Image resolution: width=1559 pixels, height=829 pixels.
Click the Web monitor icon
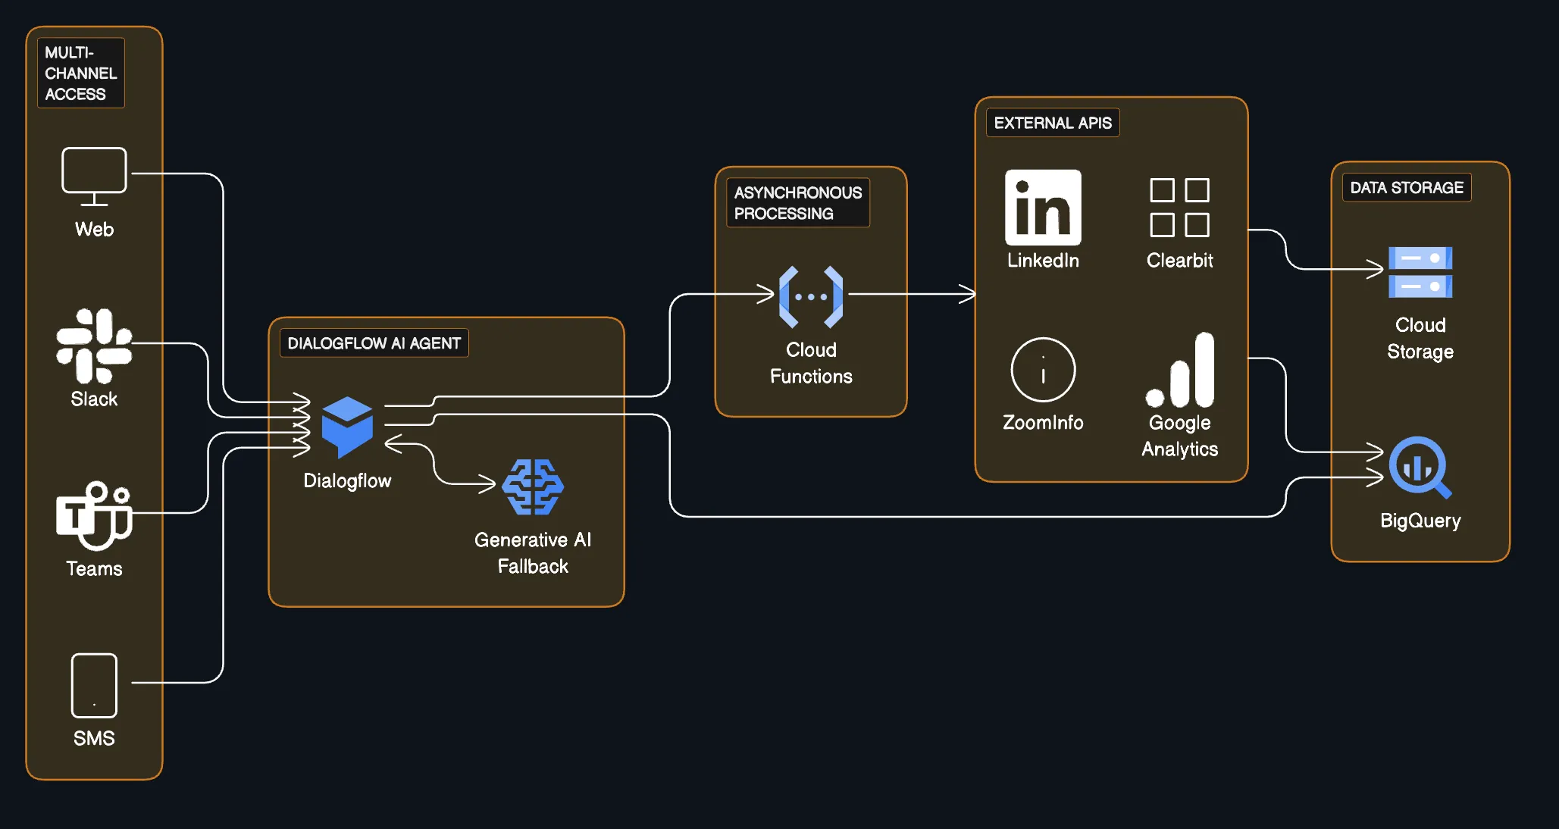(94, 175)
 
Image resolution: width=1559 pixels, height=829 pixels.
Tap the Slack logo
(94, 346)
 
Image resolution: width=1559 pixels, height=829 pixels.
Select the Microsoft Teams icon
(94, 515)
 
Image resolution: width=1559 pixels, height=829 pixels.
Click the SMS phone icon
(94, 685)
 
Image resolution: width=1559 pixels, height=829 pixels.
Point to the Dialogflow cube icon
(347, 426)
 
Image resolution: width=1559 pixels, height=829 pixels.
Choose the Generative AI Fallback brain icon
(533, 487)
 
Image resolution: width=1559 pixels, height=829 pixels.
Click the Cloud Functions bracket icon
(811, 296)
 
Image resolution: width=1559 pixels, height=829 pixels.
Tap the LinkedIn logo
(1043, 207)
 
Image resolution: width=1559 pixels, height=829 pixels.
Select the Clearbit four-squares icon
(1179, 208)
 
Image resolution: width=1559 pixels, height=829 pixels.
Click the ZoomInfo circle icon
(1043, 370)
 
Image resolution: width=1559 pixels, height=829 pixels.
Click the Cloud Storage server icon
(1420, 272)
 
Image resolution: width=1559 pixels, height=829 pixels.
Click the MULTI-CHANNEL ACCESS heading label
(80, 74)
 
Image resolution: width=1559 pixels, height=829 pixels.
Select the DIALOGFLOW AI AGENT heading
(374, 343)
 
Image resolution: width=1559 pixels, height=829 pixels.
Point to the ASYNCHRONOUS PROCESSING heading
(797, 203)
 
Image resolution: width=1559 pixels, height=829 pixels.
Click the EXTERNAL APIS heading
(1052, 123)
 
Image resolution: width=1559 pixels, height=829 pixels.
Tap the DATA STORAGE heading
(1406, 187)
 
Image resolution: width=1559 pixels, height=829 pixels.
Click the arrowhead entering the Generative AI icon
(488, 483)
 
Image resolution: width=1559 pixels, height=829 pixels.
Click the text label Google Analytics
(1179, 436)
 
